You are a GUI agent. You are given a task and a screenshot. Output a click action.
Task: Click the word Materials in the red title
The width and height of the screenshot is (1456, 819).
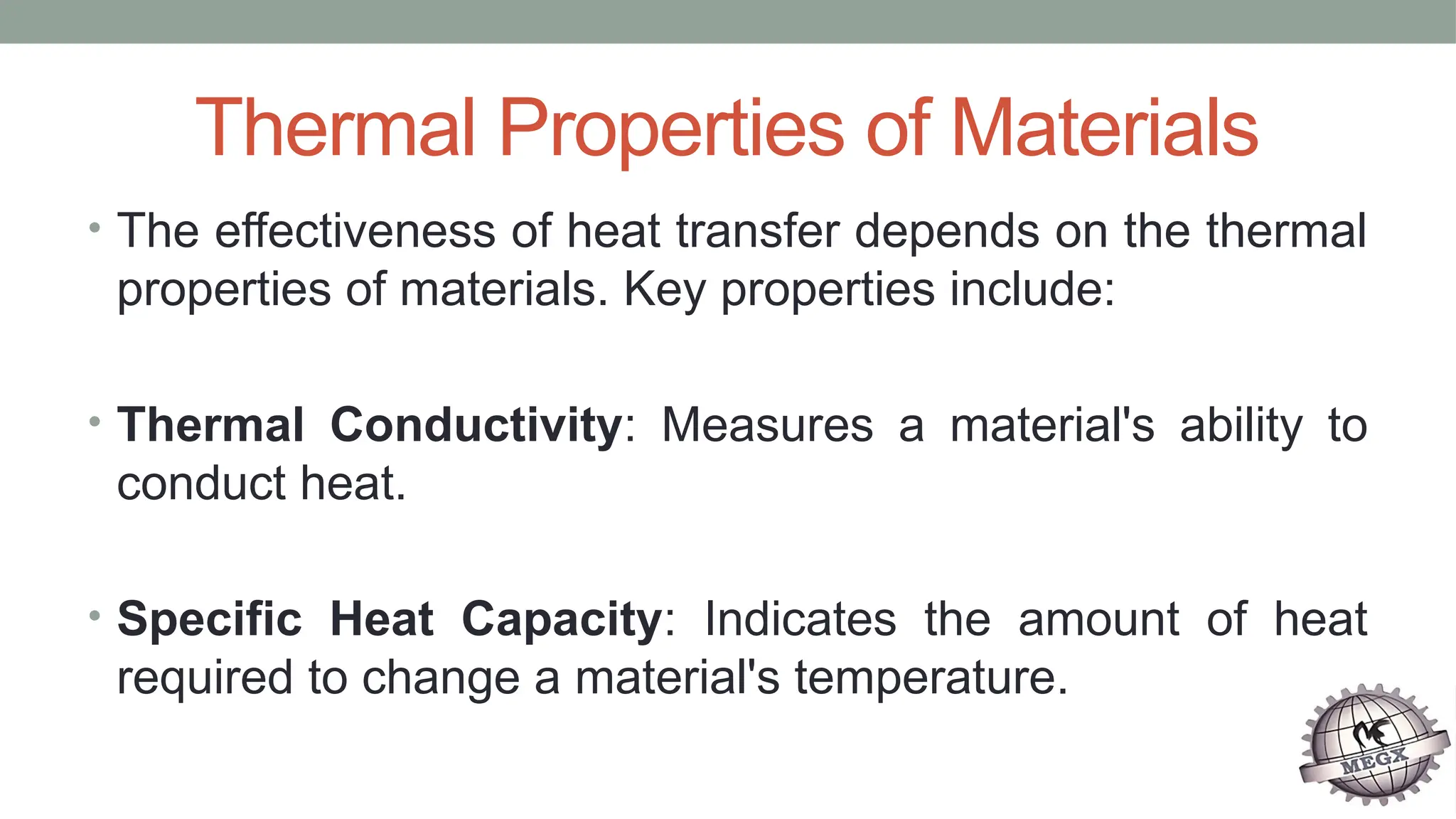click(1104, 129)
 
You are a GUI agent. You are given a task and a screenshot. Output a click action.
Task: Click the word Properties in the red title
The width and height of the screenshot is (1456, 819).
click(672, 129)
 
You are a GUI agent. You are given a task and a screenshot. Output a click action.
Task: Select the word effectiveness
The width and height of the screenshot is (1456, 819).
click(355, 231)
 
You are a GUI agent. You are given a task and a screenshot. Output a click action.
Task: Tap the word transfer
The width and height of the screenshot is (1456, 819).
click(758, 231)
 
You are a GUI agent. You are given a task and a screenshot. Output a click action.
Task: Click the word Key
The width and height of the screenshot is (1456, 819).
click(664, 290)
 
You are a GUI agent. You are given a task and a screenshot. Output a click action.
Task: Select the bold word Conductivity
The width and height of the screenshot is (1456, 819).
click(476, 425)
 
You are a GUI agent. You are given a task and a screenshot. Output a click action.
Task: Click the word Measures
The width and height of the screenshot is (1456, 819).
click(767, 425)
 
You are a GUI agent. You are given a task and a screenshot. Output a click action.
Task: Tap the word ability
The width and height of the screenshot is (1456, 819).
click(1241, 425)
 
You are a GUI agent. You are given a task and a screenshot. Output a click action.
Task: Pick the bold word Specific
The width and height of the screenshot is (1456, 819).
click(210, 619)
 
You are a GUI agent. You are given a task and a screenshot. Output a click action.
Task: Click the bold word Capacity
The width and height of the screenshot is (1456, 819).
click(562, 620)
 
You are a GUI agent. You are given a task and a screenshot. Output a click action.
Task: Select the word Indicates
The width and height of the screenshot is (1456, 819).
click(801, 619)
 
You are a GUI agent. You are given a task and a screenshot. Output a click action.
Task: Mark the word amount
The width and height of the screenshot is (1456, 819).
click(1099, 619)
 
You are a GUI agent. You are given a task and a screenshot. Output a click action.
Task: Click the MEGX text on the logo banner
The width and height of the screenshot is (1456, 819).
click(1374, 760)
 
